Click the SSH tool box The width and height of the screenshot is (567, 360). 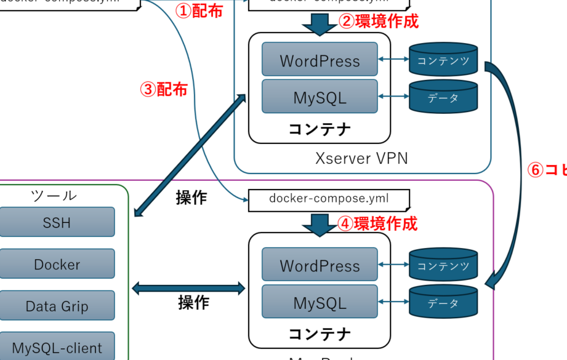pyautogui.click(x=57, y=222)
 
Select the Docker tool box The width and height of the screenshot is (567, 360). pyautogui.click(x=57, y=264)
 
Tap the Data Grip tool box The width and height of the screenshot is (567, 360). pyautogui.click(x=57, y=306)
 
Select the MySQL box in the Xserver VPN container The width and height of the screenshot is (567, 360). pyautogui.click(x=320, y=97)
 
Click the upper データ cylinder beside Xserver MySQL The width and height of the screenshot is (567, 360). pyautogui.click(x=443, y=97)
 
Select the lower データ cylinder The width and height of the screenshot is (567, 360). pyautogui.click(x=443, y=302)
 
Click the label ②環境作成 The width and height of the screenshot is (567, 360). pyautogui.click(x=379, y=22)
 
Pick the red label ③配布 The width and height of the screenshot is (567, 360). pyautogui.click(x=164, y=90)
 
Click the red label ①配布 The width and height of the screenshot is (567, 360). pyautogui.click(x=199, y=11)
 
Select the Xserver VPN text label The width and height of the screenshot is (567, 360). pyautogui.click(x=361, y=158)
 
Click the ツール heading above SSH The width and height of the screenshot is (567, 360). pyautogui.click(x=54, y=196)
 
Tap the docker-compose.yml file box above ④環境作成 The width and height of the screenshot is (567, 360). pyautogui.click(x=329, y=199)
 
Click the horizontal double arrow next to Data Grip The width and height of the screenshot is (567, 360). pyautogui.click(x=188, y=287)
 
